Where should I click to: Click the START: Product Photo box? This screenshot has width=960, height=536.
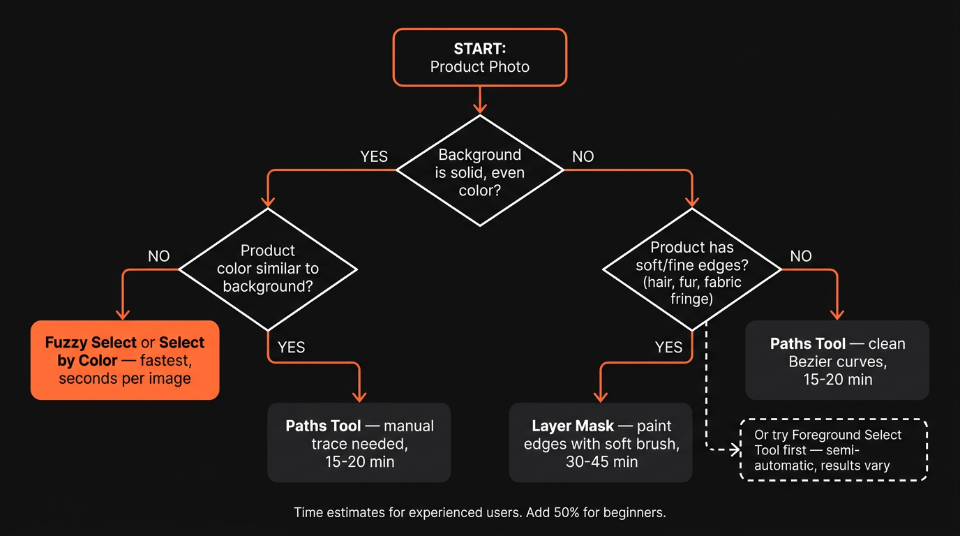pos(479,57)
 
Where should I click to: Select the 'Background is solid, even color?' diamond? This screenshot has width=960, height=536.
pos(479,171)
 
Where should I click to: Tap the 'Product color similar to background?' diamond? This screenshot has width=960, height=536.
pos(268,269)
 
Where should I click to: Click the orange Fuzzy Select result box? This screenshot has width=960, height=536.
pos(125,360)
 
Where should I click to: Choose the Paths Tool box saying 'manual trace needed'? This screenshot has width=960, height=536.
pos(359,442)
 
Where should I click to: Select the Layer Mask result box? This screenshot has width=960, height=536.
pos(601,442)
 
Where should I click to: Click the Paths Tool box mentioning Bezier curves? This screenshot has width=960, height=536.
pos(837,360)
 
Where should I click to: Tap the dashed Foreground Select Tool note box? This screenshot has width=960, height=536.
pos(833,450)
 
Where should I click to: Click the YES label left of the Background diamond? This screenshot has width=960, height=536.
pos(374,156)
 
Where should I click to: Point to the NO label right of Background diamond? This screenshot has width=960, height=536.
pos(583,156)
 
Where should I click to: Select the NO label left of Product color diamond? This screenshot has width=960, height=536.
pos(158,256)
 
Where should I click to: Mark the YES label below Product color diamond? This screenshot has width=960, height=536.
pos(291,347)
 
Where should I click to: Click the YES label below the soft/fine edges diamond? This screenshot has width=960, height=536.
pos(668,347)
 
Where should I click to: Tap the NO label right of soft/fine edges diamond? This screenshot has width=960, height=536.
pos(801,256)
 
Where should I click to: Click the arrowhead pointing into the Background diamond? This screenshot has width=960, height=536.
pos(479,107)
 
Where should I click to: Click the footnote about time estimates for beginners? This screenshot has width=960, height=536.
pos(479,512)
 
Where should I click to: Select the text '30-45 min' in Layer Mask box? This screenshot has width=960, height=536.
pos(601,461)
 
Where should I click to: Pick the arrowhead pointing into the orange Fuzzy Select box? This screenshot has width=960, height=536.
pos(123,313)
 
